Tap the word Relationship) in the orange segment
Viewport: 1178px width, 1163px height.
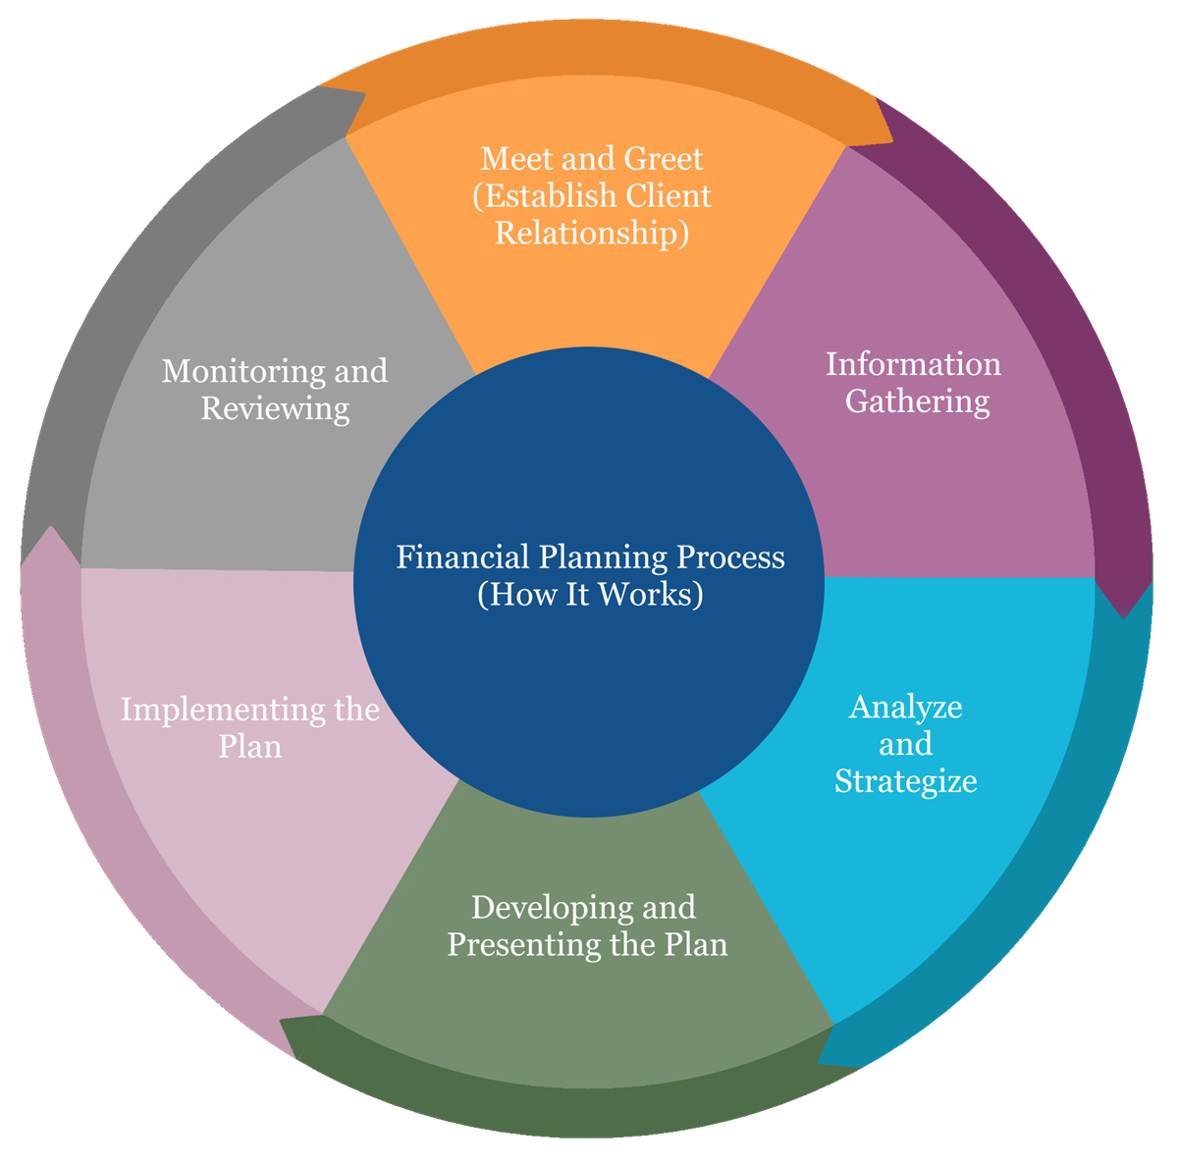592,234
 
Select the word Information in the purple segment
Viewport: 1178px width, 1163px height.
913,364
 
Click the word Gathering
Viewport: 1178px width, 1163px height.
918,401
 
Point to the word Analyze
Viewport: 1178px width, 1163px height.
905,707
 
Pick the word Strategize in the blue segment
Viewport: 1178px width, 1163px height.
905,781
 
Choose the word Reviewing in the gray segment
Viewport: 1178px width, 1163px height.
275,408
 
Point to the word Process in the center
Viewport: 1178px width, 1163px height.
731,557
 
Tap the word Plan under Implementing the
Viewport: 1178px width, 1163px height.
250,747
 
